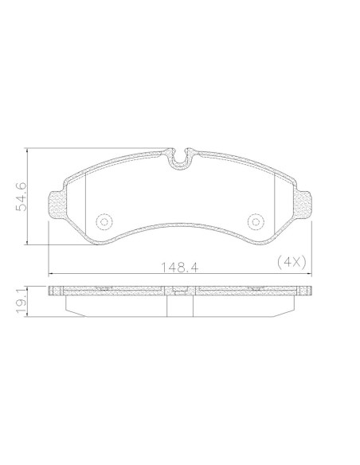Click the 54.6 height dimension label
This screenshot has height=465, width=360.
click(x=22, y=197)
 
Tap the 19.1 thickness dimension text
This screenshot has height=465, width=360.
click(x=22, y=303)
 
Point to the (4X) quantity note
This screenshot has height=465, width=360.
click(x=292, y=261)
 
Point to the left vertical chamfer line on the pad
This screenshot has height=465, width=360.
click(x=85, y=199)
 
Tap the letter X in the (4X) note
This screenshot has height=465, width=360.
click(x=296, y=261)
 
